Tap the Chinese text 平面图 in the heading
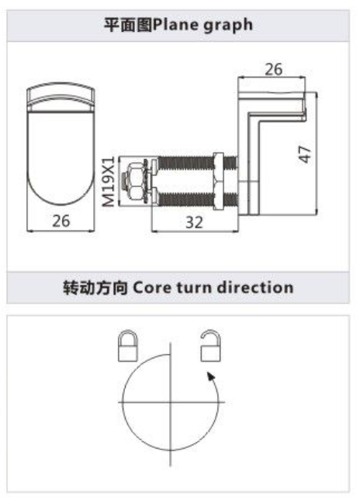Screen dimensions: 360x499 point(129,25)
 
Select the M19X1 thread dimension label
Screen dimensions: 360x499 point(109,182)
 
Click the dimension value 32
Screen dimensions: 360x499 point(194,222)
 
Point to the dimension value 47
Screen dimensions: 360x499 point(305,154)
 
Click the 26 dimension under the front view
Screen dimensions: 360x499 point(61,220)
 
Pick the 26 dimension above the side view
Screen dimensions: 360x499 point(273,69)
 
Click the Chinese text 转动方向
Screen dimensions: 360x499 point(95,288)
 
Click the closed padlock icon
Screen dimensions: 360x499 point(128,345)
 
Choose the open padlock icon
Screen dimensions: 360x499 point(211,345)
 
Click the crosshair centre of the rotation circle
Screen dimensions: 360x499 point(171,402)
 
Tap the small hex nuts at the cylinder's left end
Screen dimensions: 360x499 point(135,182)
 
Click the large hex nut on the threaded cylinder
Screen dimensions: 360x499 point(218,182)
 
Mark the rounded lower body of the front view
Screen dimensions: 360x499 point(61,158)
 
